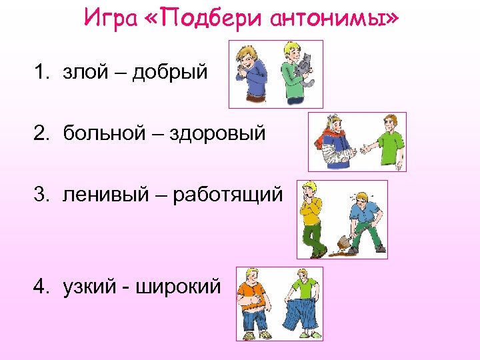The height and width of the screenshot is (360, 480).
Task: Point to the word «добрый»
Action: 169,71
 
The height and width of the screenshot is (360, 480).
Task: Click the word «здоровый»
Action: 217,133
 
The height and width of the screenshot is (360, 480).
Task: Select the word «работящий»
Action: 227,194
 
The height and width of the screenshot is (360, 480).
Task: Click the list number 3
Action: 41,194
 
